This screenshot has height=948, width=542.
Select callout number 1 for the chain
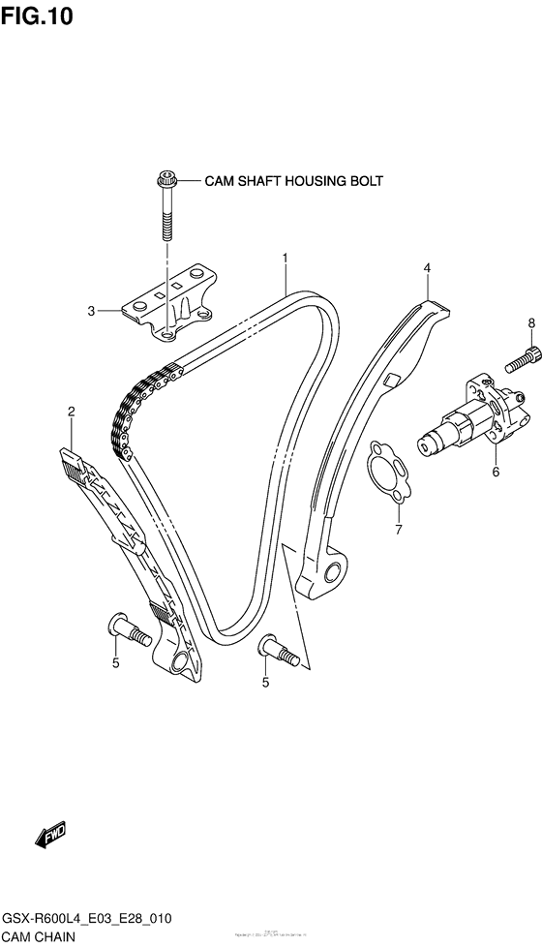286,259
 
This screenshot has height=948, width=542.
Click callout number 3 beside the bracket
91,311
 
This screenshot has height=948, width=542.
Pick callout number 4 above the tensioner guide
426,267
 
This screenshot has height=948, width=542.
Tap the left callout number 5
114,662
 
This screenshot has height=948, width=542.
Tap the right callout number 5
265,683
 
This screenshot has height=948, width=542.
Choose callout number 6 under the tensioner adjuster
496,473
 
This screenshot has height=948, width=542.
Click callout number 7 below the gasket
397,529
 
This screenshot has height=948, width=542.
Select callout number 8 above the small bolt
530,322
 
